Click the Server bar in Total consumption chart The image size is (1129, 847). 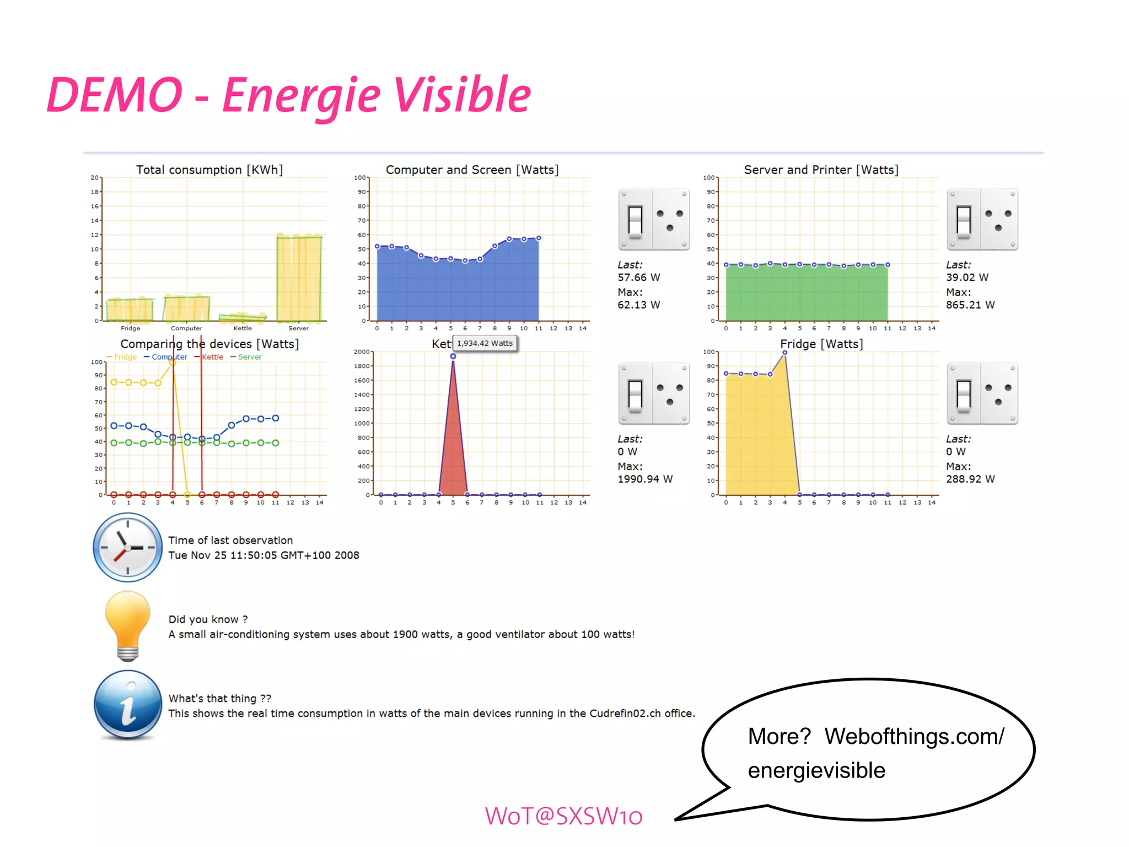click(299, 278)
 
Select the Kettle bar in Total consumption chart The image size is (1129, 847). click(243, 317)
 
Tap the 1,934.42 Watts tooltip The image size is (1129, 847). click(485, 343)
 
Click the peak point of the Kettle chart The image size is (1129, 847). click(453, 356)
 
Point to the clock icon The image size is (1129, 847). click(127, 548)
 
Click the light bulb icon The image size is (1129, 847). click(128, 625)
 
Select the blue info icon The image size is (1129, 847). click(128, 705)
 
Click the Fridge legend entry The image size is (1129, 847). click(122, 357)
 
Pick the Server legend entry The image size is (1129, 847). click(246, 357)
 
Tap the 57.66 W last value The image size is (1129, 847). click(638, 277)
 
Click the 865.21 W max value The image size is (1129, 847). click(970, 305)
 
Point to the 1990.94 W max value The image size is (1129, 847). click(645, 479)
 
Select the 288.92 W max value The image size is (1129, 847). click(970, 479)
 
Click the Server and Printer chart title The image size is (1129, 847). click(821, 170)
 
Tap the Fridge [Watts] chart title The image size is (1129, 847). click(821, 344)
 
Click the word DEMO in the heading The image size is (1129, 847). click(115, 95)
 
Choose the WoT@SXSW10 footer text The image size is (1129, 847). click(563, 816)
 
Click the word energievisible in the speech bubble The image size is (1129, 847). click(816, 770)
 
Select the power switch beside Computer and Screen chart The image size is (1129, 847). click(654, 219)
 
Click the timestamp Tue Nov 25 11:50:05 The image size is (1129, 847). click(264, 555)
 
